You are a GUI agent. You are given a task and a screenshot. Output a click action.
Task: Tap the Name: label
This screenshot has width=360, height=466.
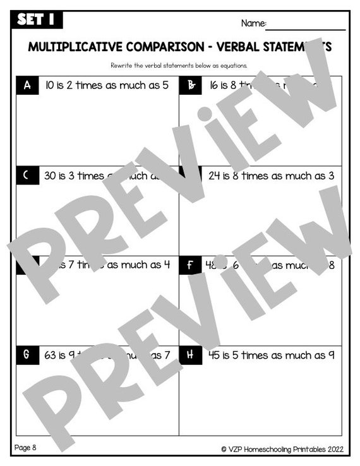(253, 23)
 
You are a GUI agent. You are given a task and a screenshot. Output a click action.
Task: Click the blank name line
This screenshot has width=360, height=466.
(306, 28)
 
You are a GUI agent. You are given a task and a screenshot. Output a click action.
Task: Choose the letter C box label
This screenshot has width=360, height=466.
(26, 176)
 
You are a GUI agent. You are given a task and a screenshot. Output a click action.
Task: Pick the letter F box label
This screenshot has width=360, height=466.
(190, 266)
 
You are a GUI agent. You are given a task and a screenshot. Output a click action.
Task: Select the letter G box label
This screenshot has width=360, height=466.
(26, 355)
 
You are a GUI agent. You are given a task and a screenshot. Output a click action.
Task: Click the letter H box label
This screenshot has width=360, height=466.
(190, 355)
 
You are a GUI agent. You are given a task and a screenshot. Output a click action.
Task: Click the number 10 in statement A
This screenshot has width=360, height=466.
(51, 85)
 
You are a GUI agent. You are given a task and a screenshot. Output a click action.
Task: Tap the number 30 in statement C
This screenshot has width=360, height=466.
(51, 176)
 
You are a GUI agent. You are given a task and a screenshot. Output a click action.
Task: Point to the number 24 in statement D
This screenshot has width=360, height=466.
(215, 176)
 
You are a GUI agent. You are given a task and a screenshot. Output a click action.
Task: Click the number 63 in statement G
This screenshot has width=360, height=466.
(51, 355)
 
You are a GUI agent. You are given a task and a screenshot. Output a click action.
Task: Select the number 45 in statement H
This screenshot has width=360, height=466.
(215, 355)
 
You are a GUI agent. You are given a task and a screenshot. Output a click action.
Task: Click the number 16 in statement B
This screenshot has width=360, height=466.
(214, 85)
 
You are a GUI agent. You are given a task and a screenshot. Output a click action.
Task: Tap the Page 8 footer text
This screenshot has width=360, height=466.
(25, 448)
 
